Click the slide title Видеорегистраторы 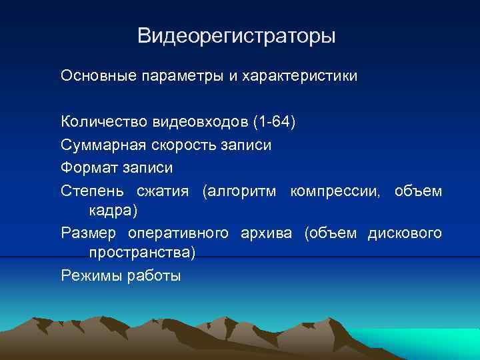coord(237,35)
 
